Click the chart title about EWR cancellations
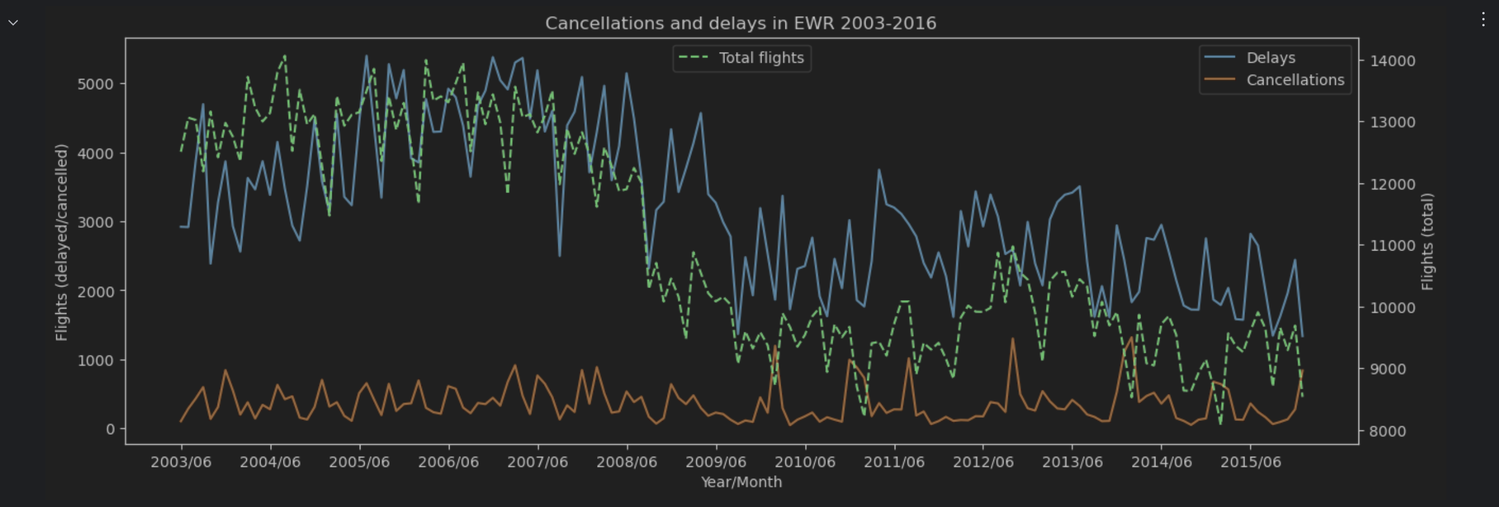741,23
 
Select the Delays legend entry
1271,58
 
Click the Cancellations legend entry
1295,80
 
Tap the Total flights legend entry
761,58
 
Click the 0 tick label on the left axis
110,429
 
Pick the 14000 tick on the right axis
1393,61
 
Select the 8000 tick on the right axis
1388,432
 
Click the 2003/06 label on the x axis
181,462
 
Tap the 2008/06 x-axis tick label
626,462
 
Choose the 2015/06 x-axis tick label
1250,462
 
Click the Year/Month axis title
741,482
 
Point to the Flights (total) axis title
1427,242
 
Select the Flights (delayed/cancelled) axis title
62,242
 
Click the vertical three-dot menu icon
1483,20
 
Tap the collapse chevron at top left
13,23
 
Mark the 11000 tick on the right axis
1393,246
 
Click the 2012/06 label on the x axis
983,462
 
